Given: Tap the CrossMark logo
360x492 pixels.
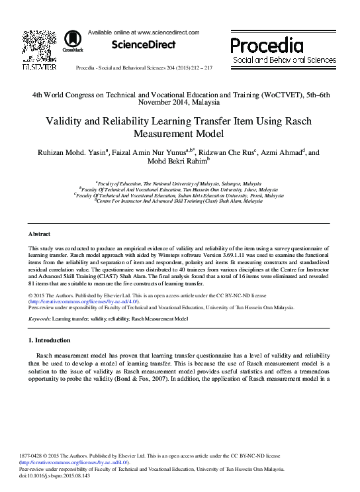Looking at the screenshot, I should pyautogui.click(x=67, y=42).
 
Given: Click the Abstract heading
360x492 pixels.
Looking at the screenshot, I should pyautogui.click(x=39, y=234).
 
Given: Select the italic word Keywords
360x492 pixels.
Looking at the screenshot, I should pyautogui.click(x=39, y=319).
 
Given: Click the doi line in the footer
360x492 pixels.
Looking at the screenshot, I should pyautogui.click(x=58, y=475).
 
